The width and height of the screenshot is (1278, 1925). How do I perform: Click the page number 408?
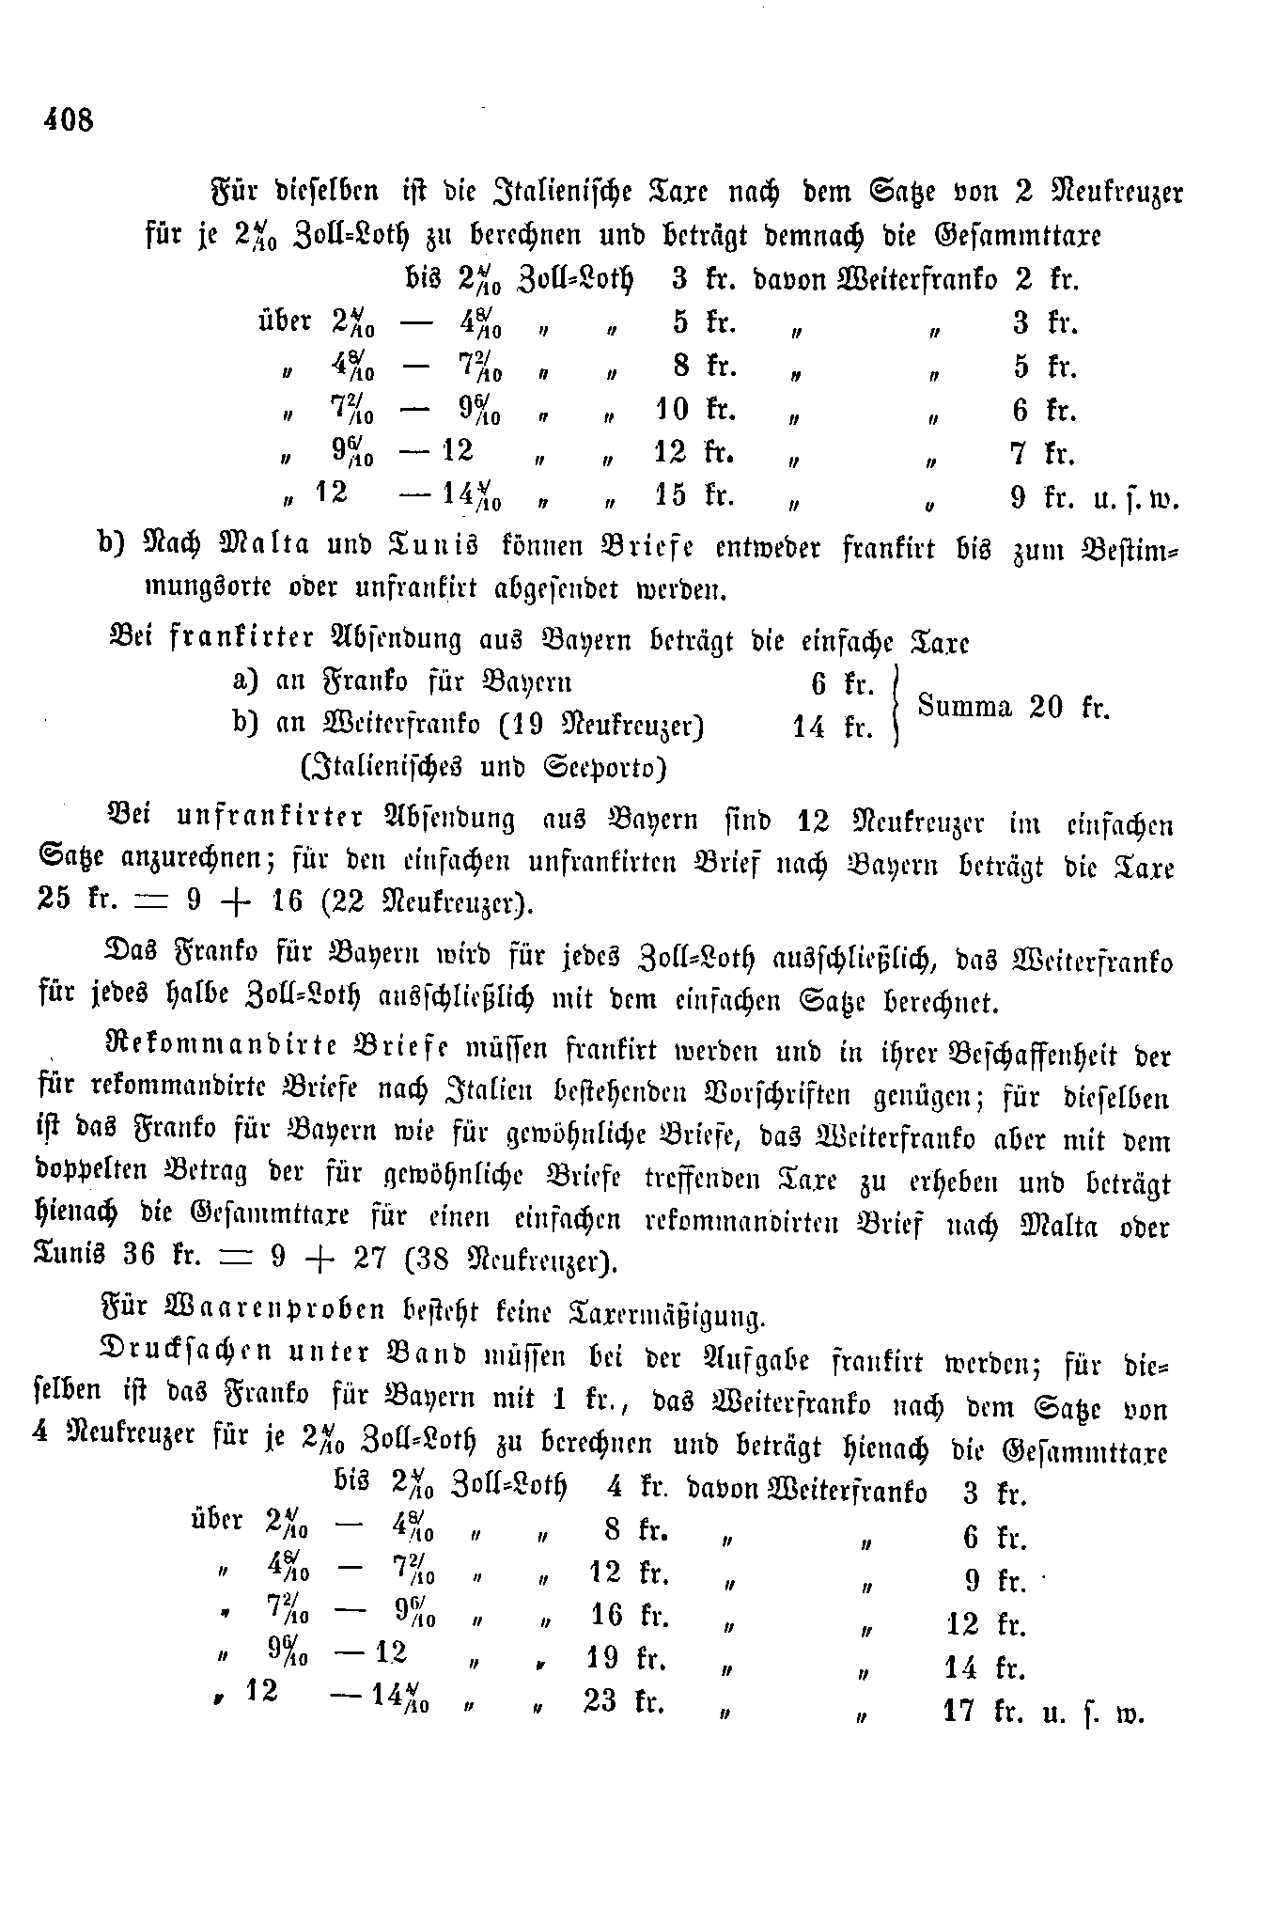[x=68, y=119]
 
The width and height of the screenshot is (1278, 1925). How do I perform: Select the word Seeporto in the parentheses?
[x=604, y=768]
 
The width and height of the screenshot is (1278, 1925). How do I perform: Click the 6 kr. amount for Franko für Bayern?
[x=842, y=683]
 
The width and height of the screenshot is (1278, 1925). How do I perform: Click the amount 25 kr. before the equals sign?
[x=71, y=900]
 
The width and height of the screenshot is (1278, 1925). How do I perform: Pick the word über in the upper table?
[x=284, y=321]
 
